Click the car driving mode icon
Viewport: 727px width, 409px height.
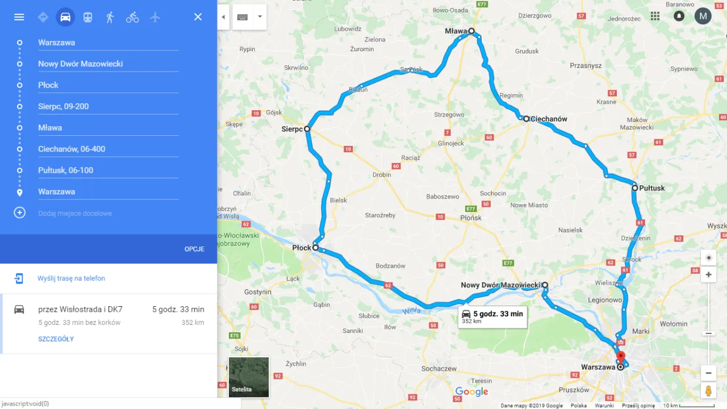65,17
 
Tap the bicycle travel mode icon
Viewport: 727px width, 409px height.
132,17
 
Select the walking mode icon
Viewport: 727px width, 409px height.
110,17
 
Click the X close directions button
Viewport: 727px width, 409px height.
198,17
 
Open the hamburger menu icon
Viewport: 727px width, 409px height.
19,17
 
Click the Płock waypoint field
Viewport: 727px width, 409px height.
108,85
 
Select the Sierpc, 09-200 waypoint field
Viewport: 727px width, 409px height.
108,106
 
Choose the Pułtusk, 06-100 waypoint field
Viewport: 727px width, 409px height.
108,170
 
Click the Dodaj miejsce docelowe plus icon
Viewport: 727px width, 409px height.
20,213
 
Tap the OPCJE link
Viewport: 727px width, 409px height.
194,249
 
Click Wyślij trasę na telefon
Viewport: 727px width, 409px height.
71,278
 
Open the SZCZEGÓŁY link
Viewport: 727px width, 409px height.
56,339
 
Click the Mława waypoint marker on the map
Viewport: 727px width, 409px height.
471,31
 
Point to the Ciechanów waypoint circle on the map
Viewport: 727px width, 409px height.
527,119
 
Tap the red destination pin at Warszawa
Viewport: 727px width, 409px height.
620,357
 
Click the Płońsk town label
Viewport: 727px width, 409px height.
471,218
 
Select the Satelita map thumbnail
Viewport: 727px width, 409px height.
249,377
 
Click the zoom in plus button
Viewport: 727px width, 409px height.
708,275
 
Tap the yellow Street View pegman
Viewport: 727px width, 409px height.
708,391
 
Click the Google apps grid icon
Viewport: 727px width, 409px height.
655,16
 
